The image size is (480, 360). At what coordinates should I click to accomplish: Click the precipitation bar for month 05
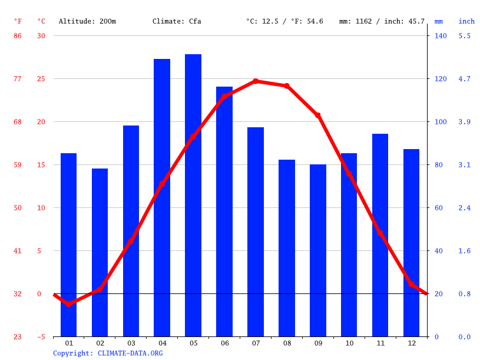pyautogui.click(x=193, y=194)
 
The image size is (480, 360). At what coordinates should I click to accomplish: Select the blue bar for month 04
pyautogui.click(x=162, y=197)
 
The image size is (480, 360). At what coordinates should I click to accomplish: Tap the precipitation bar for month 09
pyautogui.click(x=318, y=250)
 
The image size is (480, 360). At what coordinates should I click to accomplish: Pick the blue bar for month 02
pyautogui.click(x=100, y=252)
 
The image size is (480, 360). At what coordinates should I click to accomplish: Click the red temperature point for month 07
pyautogui.click(x=256, y=81)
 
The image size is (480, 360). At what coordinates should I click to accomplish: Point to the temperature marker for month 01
pyautogui.click(x=68, y=304)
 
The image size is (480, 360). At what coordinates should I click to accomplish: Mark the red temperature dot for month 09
pyautogui.click(x=318, y=115)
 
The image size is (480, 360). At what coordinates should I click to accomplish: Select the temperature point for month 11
pyautogui.click(x=380, y=233)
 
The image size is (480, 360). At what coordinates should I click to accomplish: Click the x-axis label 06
pyautogui.click(x=224, y=343)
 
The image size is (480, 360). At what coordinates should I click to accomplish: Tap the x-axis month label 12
pyautogui.click(x=412, y=343)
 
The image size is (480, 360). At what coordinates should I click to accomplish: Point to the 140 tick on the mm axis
pyautogui.click(x=441, y=36)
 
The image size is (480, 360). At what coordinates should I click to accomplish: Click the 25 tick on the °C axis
pyautogui.click(x=41, y=79)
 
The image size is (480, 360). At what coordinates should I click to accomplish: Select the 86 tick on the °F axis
pyautogui.click(x=18, y=36)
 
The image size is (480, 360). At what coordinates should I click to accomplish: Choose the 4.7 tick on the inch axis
pyautogui.click(x=465, y=79)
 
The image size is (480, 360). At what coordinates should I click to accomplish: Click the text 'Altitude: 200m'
pyautogui.click(x=87, y=22)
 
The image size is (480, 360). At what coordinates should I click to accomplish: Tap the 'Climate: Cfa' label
pyautogui.click(x=177, y=22)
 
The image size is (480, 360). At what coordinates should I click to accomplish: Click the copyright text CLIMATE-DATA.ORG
pyautogui.click(x=108, y=354)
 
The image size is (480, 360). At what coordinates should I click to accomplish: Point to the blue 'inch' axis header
pyautogui.click(x=466, y=22)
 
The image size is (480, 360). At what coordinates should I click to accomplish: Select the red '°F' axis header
pyautogui.click(x=18, y=22)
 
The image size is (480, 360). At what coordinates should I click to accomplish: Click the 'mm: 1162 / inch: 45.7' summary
pyautogui.click(x=382, y=22)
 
